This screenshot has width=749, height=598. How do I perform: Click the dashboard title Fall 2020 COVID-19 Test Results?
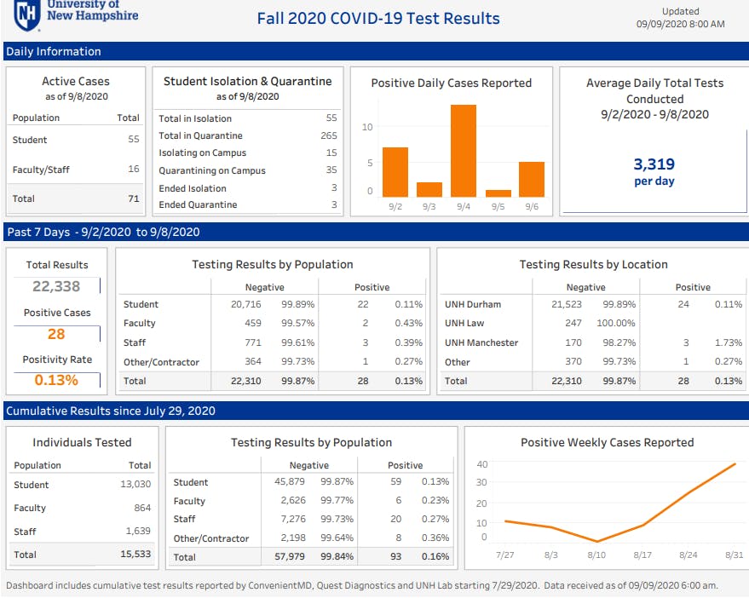[x=378, y=18]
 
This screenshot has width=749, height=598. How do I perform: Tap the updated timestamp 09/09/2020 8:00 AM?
[x=680, y=24]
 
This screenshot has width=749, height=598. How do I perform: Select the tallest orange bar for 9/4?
[x=463, y=151]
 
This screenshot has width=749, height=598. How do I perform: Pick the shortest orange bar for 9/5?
[x=498, y=193]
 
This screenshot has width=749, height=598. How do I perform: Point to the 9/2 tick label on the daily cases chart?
[x=395, y=205]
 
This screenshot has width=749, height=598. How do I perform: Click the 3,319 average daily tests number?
[x=654, y=164]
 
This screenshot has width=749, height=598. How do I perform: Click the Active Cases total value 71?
[x=133, y=198]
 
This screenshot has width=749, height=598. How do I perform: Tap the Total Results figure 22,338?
[x=56, y=287]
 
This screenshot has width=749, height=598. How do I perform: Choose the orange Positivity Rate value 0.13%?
[x=56, y=380]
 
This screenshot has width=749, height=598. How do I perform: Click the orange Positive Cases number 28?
[x=56, y=334]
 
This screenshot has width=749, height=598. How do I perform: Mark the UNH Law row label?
[x=464, y=323]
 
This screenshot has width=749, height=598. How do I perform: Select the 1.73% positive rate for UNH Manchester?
[x=729, y=342]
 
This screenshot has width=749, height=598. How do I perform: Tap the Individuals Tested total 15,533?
[x=135, y=554]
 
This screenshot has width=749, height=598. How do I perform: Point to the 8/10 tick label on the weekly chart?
[x=597, y=554]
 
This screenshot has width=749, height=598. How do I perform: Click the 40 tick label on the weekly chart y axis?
[x=481, y=464]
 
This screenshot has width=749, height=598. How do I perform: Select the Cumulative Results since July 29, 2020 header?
[x=110, y=411]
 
